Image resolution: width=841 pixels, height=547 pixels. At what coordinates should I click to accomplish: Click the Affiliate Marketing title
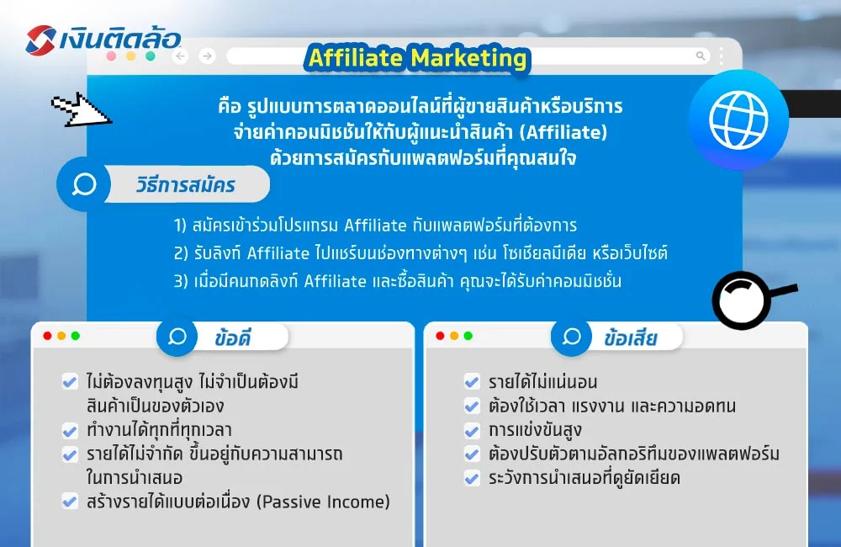point(418,58)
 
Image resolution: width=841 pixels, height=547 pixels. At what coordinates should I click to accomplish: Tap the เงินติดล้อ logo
point(103,40)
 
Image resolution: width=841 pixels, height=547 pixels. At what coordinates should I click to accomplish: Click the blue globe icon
point(738,119)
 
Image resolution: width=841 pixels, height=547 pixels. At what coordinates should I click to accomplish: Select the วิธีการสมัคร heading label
point(185,184)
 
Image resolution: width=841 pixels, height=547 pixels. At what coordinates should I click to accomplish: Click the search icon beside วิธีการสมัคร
point(84,184)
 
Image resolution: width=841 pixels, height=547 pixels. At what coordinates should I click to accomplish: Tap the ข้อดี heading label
point(233,337)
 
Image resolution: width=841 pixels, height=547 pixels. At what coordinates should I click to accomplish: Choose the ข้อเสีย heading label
point(630,337)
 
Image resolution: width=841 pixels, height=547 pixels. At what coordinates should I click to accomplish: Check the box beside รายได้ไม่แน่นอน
point(472,382)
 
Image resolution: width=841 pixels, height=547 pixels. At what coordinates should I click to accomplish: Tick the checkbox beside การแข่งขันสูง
point(472,431)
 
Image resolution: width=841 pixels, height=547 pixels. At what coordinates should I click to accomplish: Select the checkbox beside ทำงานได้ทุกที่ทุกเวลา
point(70,431)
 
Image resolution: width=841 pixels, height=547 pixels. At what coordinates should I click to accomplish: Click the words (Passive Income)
point(324,502)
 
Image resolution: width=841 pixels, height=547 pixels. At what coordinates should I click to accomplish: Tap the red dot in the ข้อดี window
point(47,336)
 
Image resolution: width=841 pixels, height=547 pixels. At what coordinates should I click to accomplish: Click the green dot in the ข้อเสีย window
point(468,336)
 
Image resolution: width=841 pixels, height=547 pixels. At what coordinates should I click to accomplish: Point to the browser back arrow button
point(179,56)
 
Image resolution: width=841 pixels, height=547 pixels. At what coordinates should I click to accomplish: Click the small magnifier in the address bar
point(701,56)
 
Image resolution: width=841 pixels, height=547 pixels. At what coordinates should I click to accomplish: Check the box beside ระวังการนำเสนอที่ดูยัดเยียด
point(472,479)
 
